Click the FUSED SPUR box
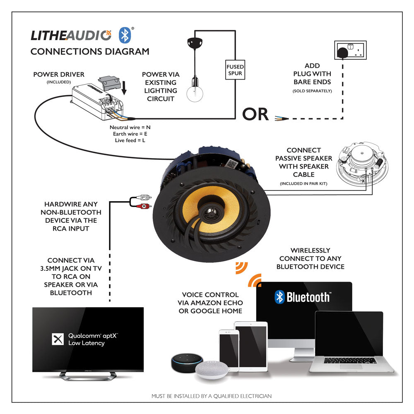pos(235,70)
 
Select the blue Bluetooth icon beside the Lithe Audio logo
pos(125,35)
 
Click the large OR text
pos(255,114)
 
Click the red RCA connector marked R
pos(143,206)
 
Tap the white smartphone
pos(227,349)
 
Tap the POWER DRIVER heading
pos(59,75)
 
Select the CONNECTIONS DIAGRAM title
pos(90,52)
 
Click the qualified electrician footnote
pos(211,396)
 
